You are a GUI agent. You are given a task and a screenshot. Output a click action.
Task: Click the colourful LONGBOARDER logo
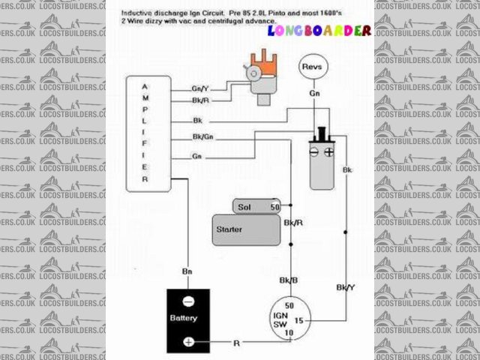coord(319,31)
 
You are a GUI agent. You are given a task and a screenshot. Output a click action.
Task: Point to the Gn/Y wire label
coord(200,88)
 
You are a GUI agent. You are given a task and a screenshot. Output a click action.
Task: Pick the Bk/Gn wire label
coord(202,136)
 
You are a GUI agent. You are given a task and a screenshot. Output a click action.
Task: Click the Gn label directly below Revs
coord(313,94)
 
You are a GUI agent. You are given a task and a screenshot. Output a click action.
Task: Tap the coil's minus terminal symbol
coord(313,151)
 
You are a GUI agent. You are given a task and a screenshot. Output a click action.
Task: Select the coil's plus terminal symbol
coord(328,151)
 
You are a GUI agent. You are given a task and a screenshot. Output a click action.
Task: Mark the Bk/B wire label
coord(289,280)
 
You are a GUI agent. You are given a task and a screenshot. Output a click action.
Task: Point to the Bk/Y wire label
coord(345,287)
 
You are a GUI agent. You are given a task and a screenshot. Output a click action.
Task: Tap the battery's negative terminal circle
coord(188,301)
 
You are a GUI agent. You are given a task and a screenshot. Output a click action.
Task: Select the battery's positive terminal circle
coord(188,342)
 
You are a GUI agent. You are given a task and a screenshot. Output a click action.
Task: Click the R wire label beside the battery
coord(236,343)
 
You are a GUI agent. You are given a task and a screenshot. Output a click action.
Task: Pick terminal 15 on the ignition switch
coord(298,320)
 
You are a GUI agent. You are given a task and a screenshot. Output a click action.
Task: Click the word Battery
coord(184,319)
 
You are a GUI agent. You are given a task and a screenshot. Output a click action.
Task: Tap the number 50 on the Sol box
coord(274,206)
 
